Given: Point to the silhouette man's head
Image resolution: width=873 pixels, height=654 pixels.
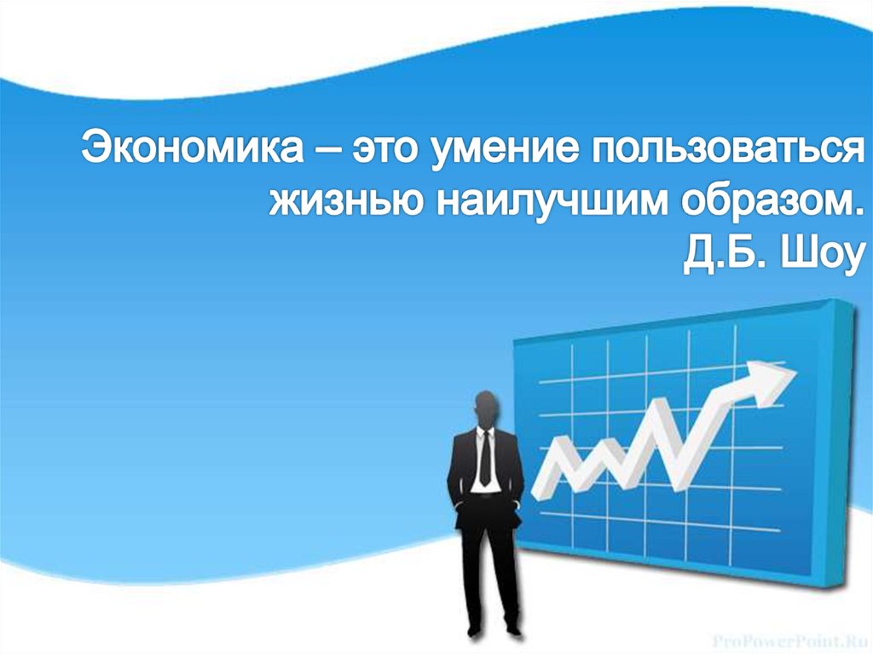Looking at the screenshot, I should [485, 408].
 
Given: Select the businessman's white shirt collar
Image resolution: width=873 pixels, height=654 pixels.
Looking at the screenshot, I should [484, 432].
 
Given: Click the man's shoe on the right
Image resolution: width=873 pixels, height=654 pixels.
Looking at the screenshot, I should [513, 631].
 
